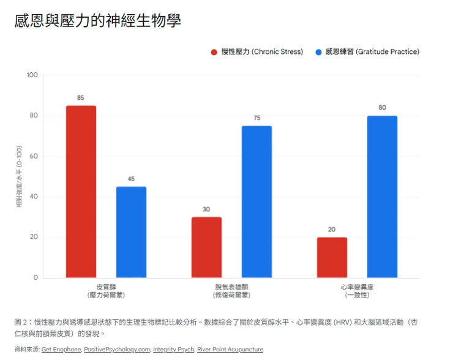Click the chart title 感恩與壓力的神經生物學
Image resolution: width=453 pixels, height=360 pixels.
coord(97,21)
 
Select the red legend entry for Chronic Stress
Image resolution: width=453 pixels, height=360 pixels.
coord(256,52)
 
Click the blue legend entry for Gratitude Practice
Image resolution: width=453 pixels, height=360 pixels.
coord(367,52)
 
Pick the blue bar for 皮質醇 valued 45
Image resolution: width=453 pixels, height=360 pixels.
coord(131,232)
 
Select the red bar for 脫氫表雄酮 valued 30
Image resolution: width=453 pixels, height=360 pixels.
coord(206,247)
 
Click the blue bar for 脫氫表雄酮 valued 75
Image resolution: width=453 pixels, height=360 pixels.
coord(256,201)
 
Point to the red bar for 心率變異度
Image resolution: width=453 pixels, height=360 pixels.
coord(332,257)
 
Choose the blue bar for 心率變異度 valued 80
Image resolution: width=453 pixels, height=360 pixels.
coord(382,197)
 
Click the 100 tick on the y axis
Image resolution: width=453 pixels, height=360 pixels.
coord(32,75)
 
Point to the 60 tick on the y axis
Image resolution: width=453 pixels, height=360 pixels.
coord(34,156)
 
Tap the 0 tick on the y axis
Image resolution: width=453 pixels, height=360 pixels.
coord(36,278)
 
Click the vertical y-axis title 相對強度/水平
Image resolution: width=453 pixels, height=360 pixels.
coord(19,177)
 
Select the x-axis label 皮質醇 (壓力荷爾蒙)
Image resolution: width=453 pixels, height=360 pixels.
coord(106,291)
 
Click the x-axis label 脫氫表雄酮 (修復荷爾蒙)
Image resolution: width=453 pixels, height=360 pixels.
coord(231,291)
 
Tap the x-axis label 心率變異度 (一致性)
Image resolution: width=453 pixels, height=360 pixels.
coord(357,291)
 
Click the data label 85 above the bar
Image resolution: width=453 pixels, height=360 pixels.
coord(81,98)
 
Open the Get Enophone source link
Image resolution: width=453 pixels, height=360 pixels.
coord(61,350)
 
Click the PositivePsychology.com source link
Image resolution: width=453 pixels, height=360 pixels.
coord(117,350)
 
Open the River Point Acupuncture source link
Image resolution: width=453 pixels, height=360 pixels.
coord(230,350)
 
